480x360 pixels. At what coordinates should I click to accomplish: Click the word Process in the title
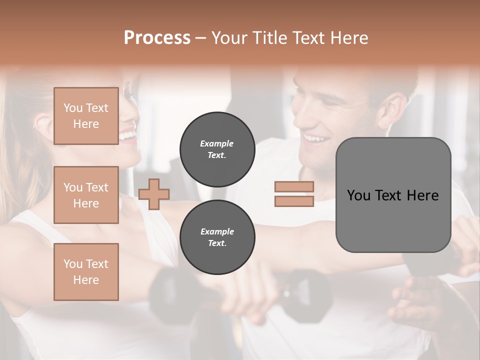point(157,38)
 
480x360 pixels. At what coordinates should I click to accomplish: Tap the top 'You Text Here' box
point(86,116)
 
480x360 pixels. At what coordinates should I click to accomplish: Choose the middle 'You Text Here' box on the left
point(86,195)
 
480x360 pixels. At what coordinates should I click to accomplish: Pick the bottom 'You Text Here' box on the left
point(86,272)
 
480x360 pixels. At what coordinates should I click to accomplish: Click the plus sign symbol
point(154,194)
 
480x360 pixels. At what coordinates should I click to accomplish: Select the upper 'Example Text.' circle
point(217,149)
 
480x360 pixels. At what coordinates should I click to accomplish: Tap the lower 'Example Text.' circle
point(217,237)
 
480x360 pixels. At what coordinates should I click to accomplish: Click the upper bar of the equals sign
point(294,186)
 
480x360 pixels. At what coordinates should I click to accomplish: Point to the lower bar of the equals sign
point(294,201)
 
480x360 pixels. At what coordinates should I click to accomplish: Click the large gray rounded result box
point(393,195)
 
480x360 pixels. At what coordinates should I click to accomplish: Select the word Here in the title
point(347,38)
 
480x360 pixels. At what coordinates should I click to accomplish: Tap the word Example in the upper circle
point(216,143)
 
